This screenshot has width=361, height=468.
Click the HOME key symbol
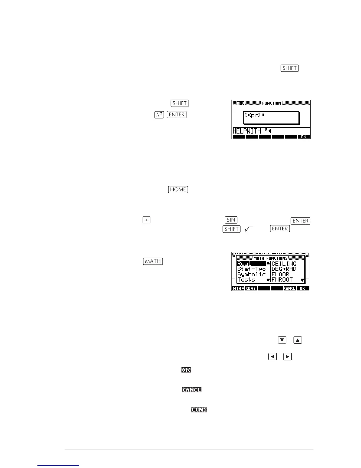pyautogui.click(x=178, y=189)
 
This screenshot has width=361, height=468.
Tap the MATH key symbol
pyautogui.click(x=153, y=261)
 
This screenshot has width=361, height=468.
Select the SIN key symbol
pyautogui.click(x=231, y=220)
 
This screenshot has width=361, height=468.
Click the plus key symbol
pyautogui.click(x=146, y=220)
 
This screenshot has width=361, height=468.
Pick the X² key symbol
pyautogui.click(x=159, y=115)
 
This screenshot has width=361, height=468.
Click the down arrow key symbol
pyautogui.click(x=282, y=340)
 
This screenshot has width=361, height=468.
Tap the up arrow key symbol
pyautogui.click(x=298, y=340)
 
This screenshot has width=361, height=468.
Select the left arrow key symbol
pyautogui.click(x=273, y=357)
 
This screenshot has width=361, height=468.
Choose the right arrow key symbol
pyautogui.click(x=287, y=357)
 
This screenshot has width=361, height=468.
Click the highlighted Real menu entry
pyautogui.click(x=245, y=264)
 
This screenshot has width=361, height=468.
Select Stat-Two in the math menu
pyautogui.click(x=251, y=269)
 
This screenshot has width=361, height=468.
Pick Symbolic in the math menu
pyautogui.click(x=251, y=274)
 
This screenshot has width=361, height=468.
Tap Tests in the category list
pyautogui.click(x=246, y=279)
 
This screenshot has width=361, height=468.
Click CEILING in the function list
pyautogui.click(x=284, y=264)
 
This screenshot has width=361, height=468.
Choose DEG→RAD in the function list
pyautogui.click(x=284, y=269)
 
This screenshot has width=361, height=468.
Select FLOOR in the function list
pyautogui.click(x=280, y=274)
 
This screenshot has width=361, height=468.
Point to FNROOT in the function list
pyautogui.click(x=282, y=279)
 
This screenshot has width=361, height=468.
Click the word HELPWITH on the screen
pyautogui.click(x=247, y=131)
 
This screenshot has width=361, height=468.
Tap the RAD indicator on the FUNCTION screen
pyautogui.click(x=240, y=103)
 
